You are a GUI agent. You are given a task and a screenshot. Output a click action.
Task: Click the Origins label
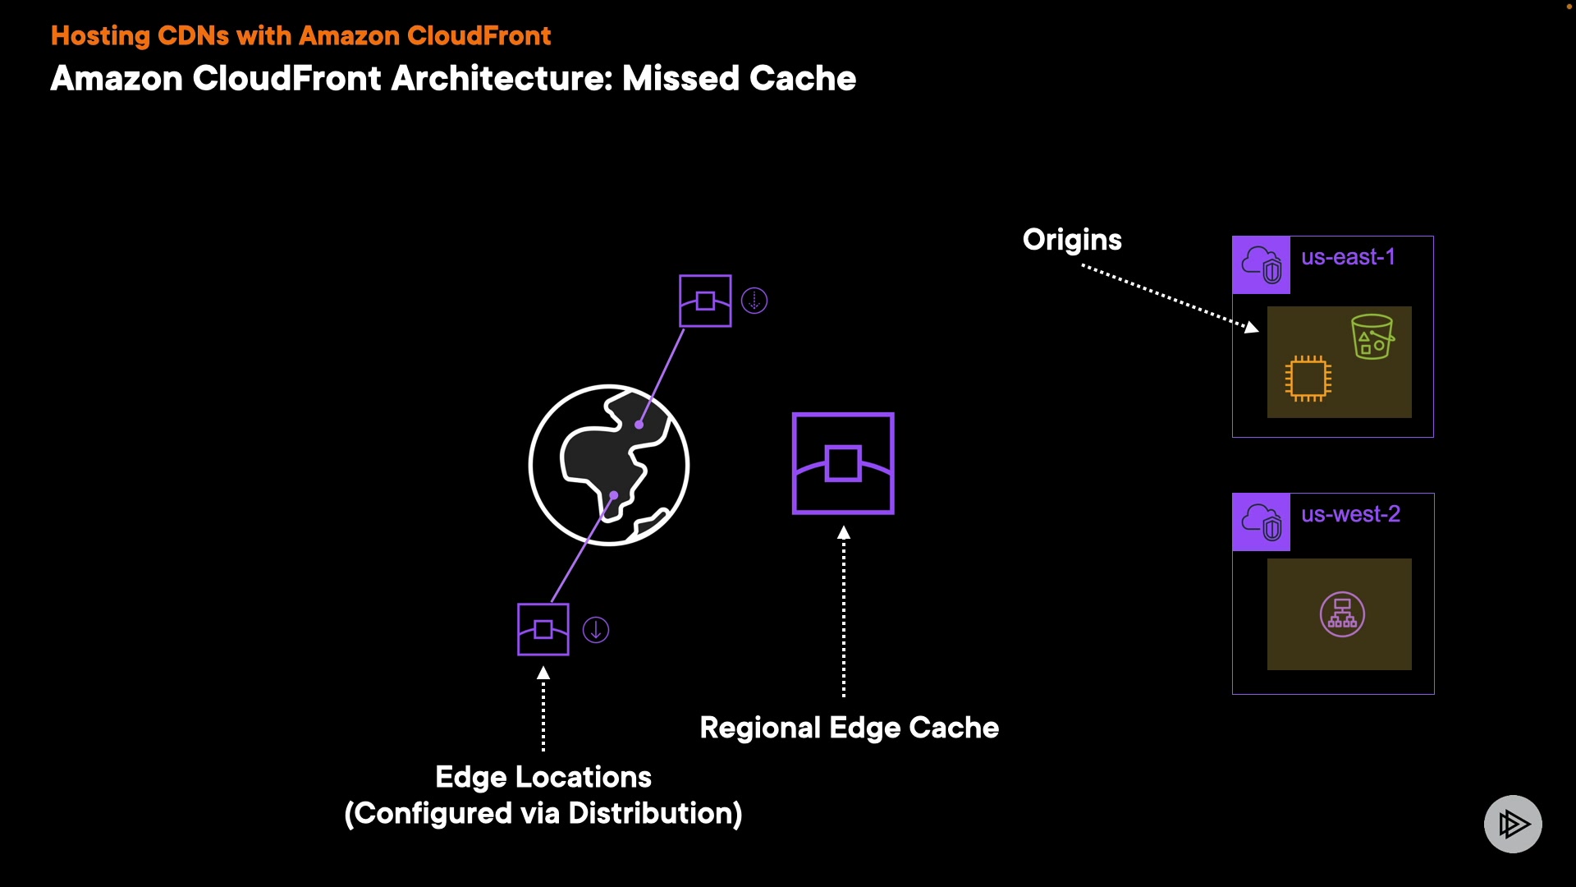click(1071, 240)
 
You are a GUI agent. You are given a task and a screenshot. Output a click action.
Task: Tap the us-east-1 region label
click(1348, 257)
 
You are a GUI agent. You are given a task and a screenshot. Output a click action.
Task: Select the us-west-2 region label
click(1350, 514)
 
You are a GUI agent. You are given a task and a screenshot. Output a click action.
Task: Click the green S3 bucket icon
click(1372, 337)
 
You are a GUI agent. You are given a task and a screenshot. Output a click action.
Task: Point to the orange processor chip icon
click(1308, 378)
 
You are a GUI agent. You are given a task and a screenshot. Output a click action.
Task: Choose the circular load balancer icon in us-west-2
click(1342, 614)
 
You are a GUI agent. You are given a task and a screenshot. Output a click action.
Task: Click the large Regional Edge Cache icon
click(843, 464)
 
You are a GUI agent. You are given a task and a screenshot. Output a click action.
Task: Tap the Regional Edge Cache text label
click(849, 728)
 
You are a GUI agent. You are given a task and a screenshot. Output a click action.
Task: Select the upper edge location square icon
click(705, 301)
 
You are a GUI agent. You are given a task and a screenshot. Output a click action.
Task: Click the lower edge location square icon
click(543, 630)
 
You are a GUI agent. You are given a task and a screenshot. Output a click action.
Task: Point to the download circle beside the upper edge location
click(754, 301)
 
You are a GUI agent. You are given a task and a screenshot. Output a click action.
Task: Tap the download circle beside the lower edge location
click(596, 630)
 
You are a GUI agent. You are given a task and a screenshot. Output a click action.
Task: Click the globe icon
click(609, 465)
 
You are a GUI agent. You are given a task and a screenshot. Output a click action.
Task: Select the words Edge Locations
click(543, 777)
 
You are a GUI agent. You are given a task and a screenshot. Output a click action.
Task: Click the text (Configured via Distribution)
click(543, 813)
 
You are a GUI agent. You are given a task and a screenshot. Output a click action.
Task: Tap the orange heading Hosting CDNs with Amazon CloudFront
click(300, 36)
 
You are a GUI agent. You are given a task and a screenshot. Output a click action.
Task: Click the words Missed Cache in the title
click(739, 79)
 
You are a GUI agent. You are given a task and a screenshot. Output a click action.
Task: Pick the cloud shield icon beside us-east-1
click(1261, 265)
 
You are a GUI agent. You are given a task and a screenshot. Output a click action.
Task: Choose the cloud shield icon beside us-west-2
click(1261, 522)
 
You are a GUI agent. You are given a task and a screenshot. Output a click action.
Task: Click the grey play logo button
click(1512, 824)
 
